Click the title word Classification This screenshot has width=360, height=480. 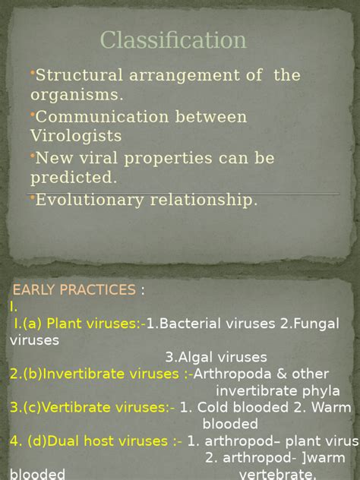(174, 40)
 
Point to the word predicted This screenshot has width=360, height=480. (74, 178)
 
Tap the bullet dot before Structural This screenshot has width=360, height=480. (33, 72)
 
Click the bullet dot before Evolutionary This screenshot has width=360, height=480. (33, 197)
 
